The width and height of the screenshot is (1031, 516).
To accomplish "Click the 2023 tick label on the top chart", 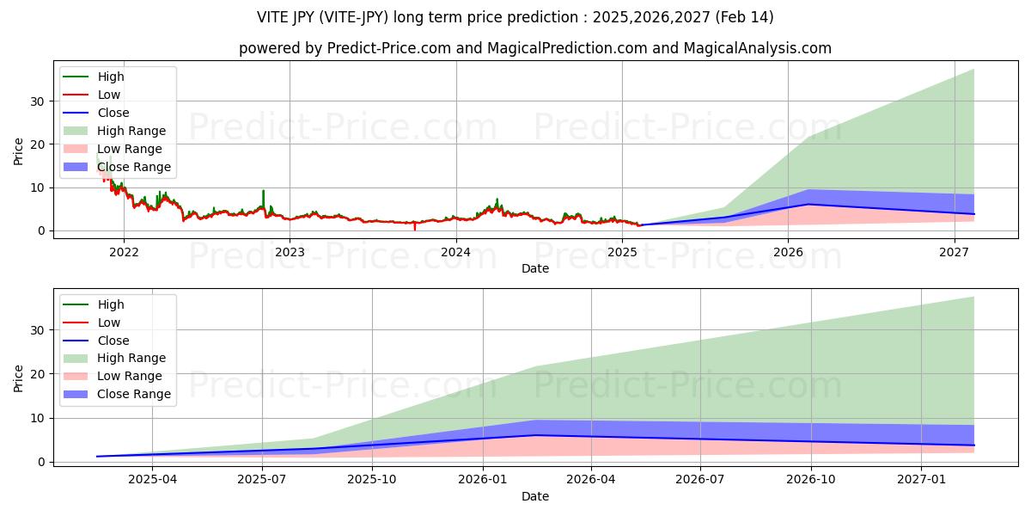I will [290, 252].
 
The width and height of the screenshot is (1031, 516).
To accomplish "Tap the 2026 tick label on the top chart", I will [788, 252].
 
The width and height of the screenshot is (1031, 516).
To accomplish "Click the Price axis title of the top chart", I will [19, 151].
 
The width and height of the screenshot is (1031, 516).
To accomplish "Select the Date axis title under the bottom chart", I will [534, 496].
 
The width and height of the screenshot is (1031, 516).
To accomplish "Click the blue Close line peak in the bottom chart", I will [536, 435].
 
